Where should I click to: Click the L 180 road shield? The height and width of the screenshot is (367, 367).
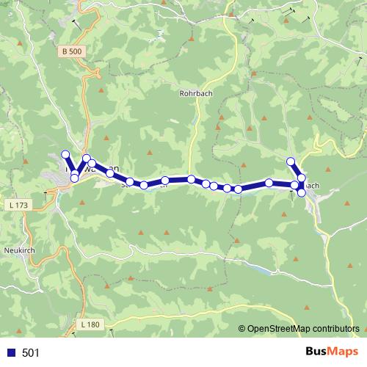[x=90, y=324]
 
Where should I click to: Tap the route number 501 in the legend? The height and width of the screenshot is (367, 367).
[x=31, y=353]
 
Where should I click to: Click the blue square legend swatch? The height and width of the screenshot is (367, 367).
[x=10, y=353]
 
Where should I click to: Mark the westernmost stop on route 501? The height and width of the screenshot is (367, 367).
[x=65, y=154]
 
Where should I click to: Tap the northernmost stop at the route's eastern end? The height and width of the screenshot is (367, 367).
[x=291, y=161]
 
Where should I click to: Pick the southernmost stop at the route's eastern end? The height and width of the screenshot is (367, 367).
[x=302, y=192]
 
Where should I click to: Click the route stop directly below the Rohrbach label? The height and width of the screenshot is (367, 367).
[x=191, y=179]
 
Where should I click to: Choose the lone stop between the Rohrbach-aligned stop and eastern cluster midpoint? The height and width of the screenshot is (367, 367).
[x=269, y=183]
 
